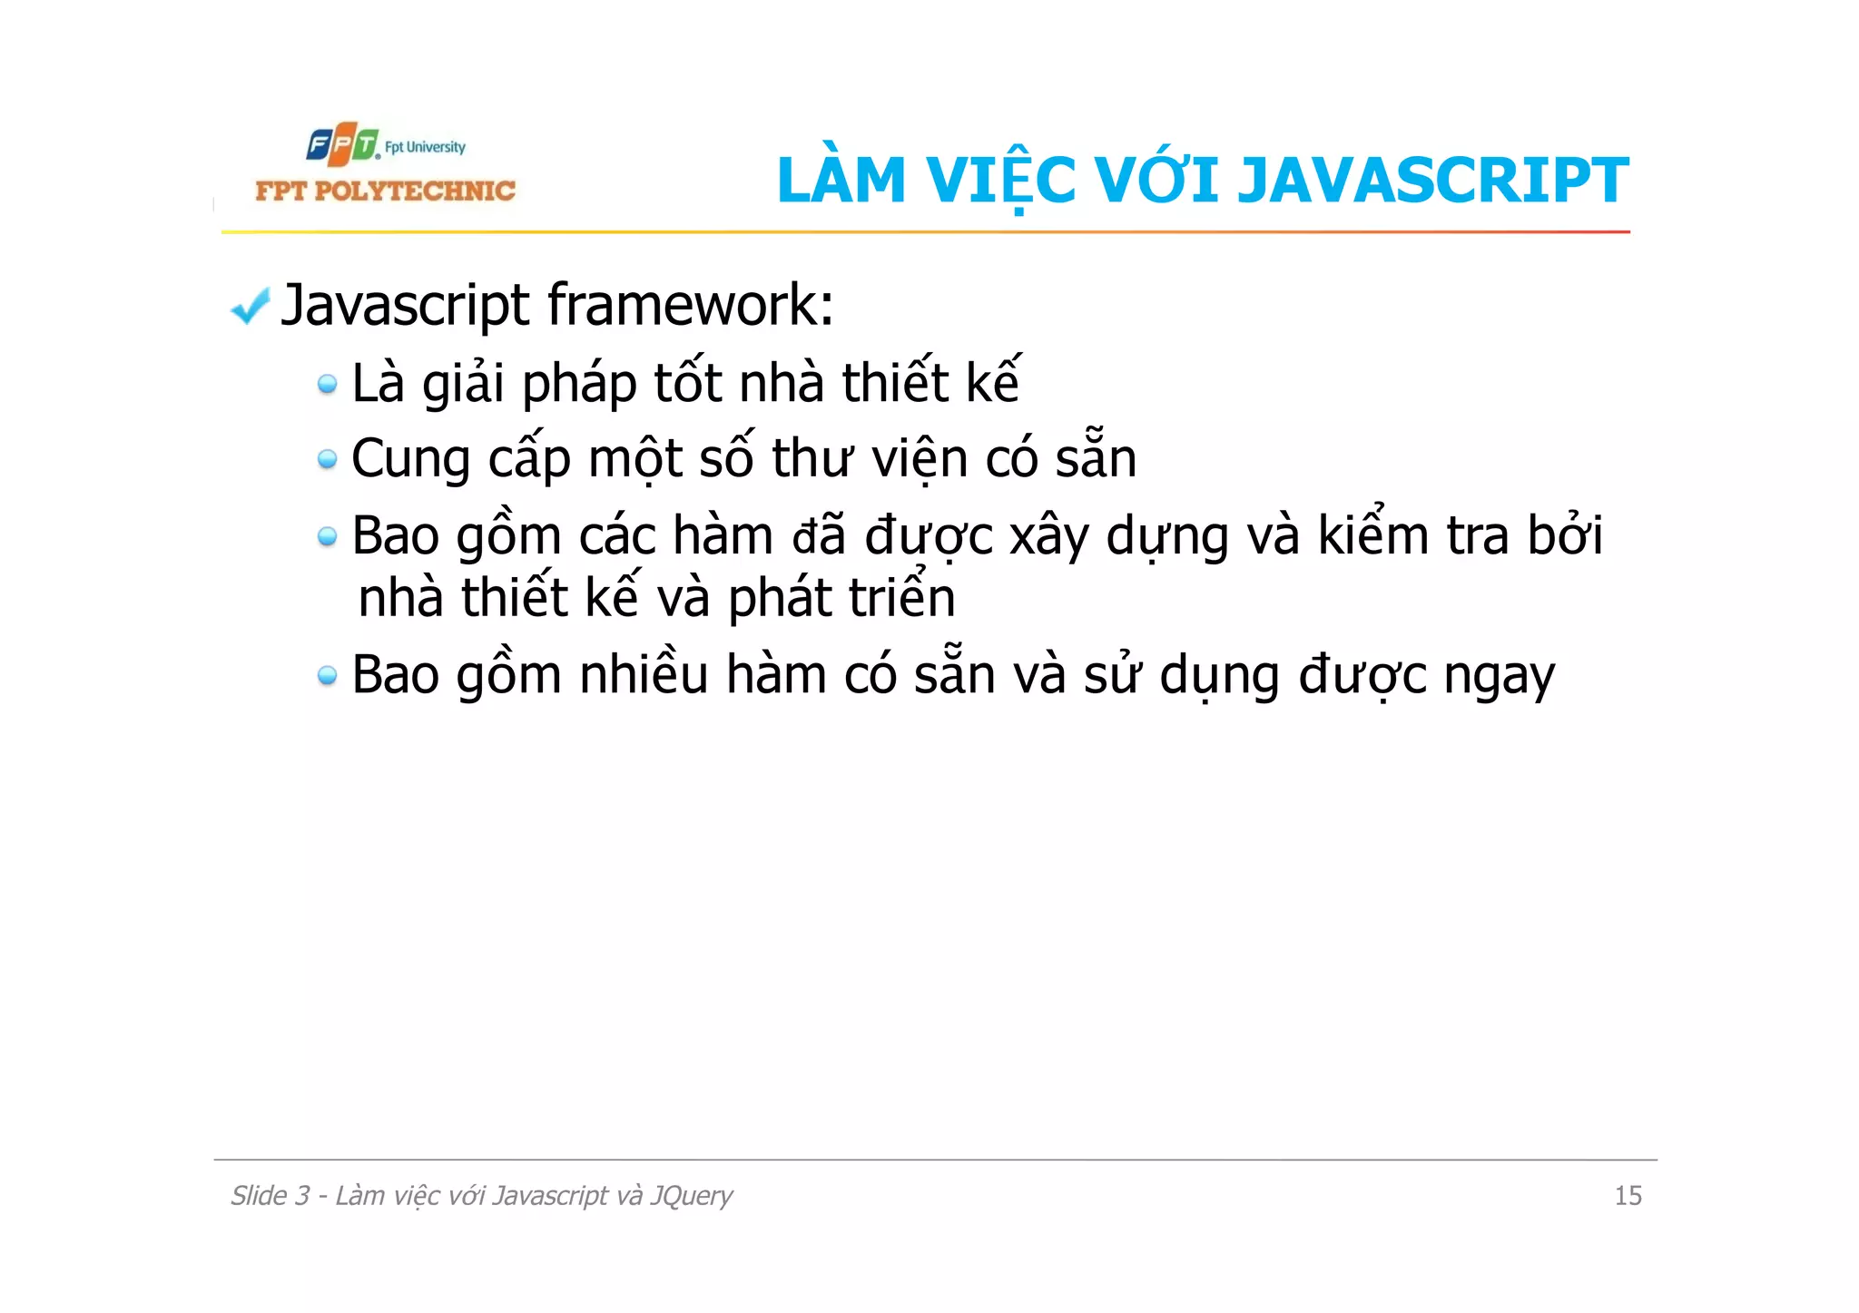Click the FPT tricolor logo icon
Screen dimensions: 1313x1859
[x=342, y=144]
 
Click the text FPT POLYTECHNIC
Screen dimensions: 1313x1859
[x=385, y=191]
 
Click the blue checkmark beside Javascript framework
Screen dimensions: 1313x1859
[x=250, y=306]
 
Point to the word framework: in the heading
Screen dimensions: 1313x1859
[x=690, y=305]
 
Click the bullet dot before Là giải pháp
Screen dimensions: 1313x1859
[x=327, y=385]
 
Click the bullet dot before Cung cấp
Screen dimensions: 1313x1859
[x=327, y=460]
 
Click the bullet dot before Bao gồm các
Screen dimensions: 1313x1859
[x=327, y=537]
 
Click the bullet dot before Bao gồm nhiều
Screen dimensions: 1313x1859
[x=327, y=676]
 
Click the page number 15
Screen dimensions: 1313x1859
[x=1628, y=1196]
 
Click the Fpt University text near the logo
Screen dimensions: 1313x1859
[x=425, y=147]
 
